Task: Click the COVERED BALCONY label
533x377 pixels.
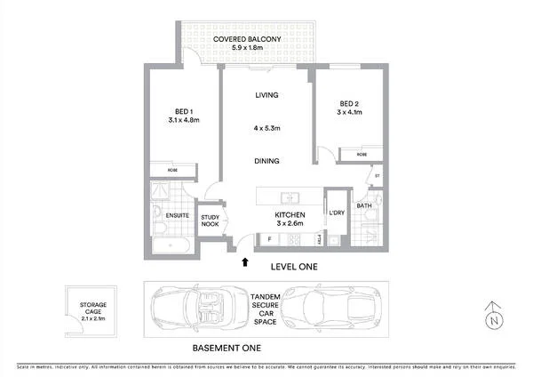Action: tap(243, 40)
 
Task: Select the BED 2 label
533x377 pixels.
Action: tap(349, 103)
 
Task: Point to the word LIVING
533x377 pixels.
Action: tap(267, 94)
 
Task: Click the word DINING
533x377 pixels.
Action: tap(267, 161)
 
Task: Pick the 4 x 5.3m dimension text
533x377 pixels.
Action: tap(267, 129)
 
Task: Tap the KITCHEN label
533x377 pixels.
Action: tap(290, 215)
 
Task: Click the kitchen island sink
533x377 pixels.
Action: tap(290, 197)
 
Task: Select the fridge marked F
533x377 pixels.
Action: tap(269, 239)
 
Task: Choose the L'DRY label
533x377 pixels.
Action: tap(336, 214)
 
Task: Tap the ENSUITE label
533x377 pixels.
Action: tap(167, 214)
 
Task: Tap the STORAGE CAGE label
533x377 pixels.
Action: tap(94, 309)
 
